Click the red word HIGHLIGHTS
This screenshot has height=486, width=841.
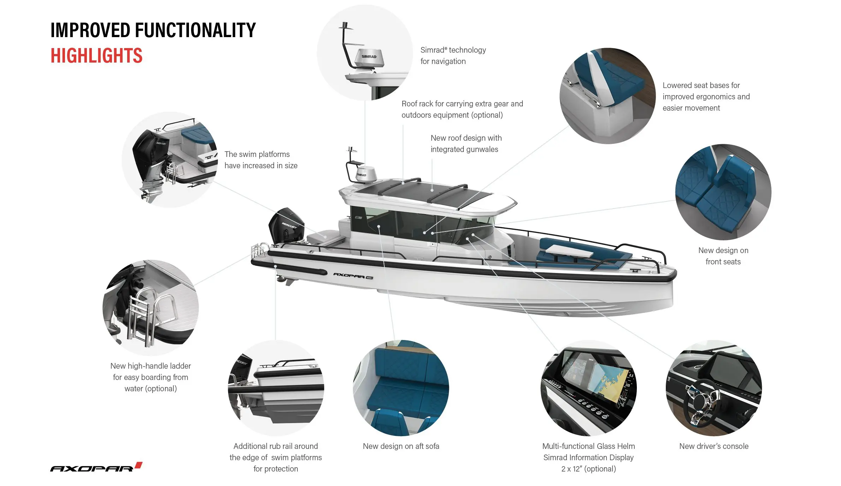96,56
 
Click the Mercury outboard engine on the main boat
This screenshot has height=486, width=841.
286,225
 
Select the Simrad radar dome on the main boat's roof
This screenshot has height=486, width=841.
366,174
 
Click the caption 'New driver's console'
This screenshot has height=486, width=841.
713,446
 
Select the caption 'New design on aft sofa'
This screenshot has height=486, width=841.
401,446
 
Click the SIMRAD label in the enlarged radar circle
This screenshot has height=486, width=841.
369,57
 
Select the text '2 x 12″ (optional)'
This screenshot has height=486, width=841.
588,469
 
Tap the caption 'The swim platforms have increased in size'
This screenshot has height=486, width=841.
261,160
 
